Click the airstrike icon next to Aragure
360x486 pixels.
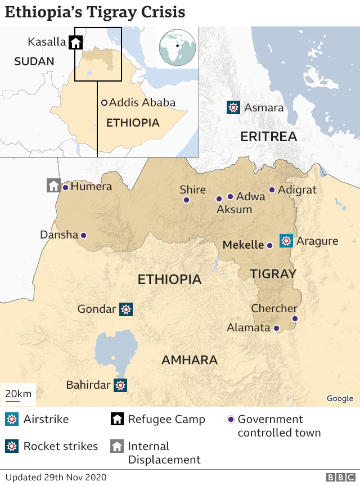coord(286,241)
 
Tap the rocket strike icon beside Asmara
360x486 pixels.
coord(233,107)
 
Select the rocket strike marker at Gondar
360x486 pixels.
coord(126,309)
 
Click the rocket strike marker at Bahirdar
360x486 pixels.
coord(120,385)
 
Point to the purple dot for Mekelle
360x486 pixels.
coord(269,245)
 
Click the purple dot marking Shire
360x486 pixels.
coord(186,200)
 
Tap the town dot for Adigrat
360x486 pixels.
coord(272,190)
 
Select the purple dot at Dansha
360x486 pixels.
coord(83,235)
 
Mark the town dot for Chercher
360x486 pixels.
coord(294,318)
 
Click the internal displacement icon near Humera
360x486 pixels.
coord(53,186)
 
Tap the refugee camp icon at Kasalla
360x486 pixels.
coord(75,42)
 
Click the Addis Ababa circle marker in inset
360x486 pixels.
coord(104,103)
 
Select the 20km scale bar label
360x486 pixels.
coord(19,394)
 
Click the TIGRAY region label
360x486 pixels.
coord(273,274)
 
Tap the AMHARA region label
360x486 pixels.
coord(190,360)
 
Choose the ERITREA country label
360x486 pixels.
coord(268,137)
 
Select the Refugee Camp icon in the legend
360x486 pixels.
coord(118,420)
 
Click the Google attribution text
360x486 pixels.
coord(340,398)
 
